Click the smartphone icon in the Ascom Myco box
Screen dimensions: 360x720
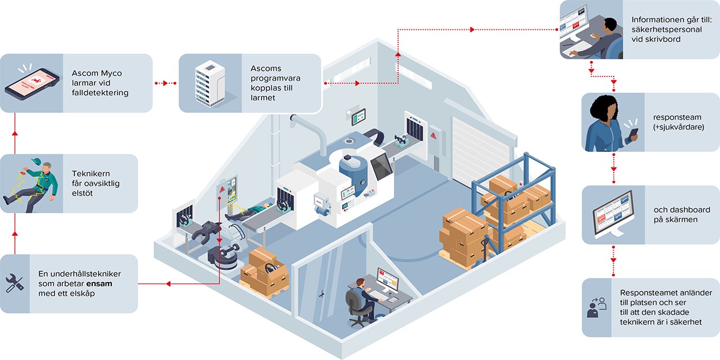pos(31,83)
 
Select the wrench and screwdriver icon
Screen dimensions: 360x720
pos(14,283)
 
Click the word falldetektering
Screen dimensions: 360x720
pos(100,93)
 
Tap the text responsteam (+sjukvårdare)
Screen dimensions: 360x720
pos(678,123)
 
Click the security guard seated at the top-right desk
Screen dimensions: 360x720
pos(605,35)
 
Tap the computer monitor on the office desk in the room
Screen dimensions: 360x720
pos(388,280)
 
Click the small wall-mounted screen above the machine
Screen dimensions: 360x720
pos(358,117)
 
